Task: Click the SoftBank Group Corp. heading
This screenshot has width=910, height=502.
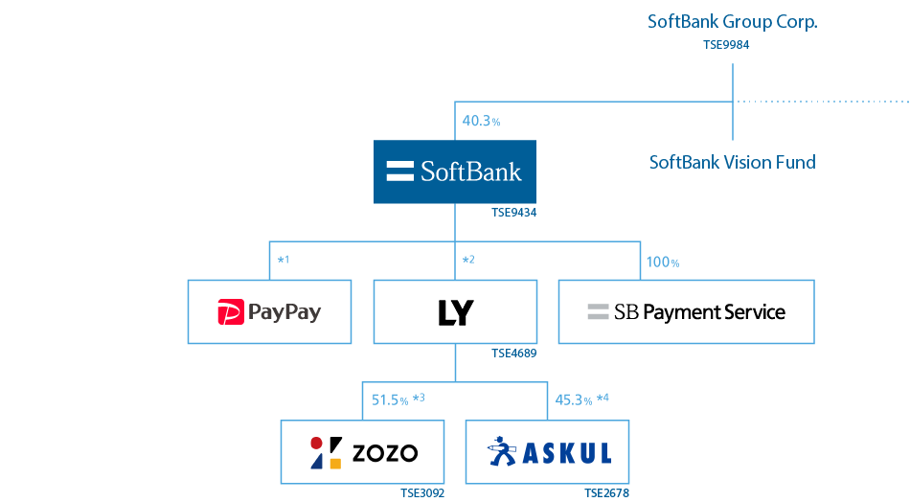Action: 732,21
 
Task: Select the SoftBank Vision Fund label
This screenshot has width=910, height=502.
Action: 733,162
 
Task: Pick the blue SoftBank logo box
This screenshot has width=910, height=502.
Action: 455,172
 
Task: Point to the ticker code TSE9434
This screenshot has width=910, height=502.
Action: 513,214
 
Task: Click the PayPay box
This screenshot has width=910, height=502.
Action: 269,312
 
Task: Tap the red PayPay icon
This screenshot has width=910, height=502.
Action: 231,312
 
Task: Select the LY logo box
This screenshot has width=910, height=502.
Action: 455,312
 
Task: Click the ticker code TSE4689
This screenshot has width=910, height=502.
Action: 513,354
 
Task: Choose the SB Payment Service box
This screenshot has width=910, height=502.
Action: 686,312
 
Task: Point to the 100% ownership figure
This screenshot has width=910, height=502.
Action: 662,262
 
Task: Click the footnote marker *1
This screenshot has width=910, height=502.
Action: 283,261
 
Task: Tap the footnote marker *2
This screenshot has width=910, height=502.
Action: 468,261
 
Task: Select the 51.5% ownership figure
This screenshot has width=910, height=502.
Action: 390,399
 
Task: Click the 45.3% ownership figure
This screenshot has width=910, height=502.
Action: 574,399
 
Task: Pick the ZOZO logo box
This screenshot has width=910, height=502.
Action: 362,451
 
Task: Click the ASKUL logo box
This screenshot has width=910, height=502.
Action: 548,451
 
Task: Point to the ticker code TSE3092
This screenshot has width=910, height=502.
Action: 422,493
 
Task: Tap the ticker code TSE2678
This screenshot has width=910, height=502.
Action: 606,493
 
